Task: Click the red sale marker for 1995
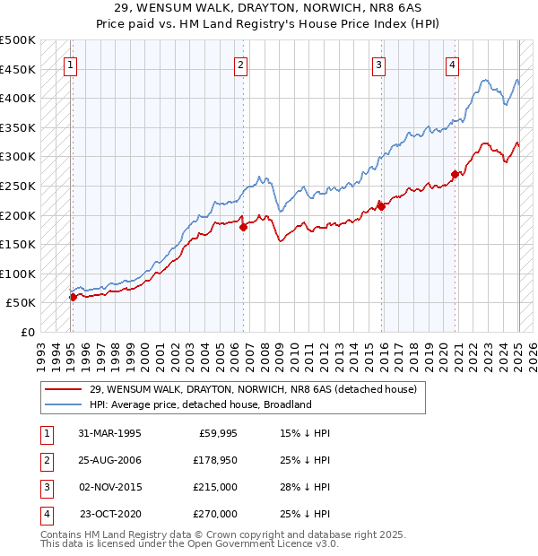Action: [73, 297]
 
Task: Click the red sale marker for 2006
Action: [243, 228]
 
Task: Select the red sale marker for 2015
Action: [381, 206]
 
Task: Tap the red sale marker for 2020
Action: [455, 174]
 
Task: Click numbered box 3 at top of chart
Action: [379, 65]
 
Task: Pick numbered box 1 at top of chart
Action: [70, 65]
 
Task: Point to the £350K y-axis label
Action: [19, 127]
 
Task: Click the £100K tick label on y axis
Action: [19, 274]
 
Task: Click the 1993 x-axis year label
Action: [40, 351]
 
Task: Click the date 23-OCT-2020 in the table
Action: [110, 514]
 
